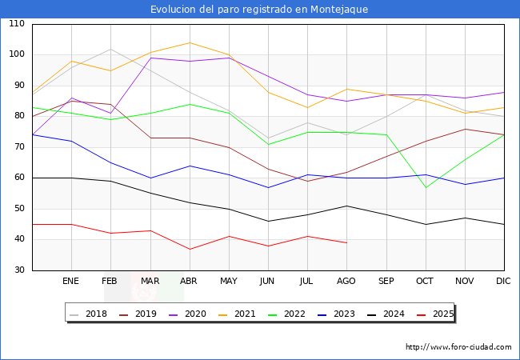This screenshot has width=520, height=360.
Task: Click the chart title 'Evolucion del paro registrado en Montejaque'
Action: (x=260, y=9)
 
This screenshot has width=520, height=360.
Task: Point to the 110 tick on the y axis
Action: (x=17, y=24)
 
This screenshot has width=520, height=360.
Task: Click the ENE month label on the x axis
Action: (x=71, y=282)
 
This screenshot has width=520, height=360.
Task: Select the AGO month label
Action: (x=346, y=282)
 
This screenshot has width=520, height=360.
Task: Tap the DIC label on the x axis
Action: (x=503, y=282)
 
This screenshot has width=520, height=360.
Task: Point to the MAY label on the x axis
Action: (x=229, y=282)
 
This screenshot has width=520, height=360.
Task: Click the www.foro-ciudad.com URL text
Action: (x=458, y=347)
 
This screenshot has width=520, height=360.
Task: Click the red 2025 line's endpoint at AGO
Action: (x=346, y=242)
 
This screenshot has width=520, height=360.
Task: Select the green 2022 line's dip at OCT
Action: (x=426, y=187)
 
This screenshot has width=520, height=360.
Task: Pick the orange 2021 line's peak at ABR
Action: (x=190, y=42)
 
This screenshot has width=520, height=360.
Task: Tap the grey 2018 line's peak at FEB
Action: (x=110, y=49)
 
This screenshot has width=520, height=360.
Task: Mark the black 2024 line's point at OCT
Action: (x=426, y=224)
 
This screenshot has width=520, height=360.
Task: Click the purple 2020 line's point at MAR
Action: (x=150, y=58)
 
